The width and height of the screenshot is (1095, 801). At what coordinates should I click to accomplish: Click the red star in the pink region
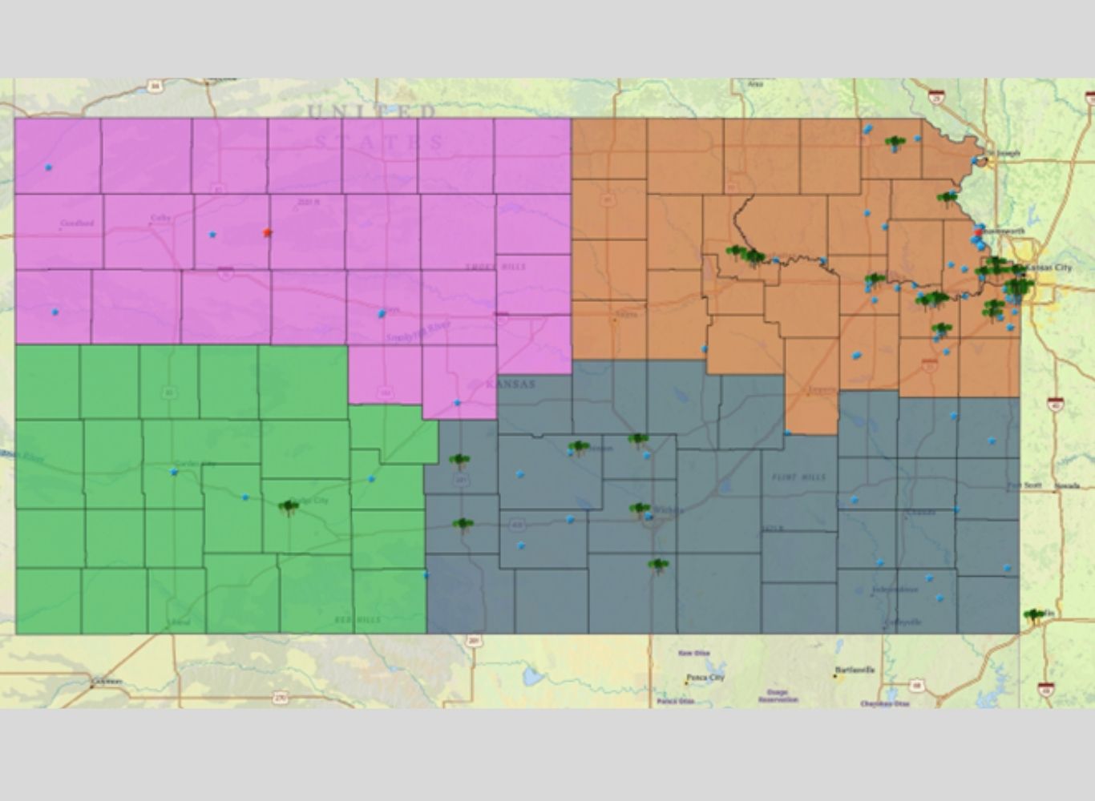click(x=268, y=232)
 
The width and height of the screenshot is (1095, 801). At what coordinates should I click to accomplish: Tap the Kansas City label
click(x=1047, y=267)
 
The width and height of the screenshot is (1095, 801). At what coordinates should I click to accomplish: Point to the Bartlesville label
click(x=855, y=669)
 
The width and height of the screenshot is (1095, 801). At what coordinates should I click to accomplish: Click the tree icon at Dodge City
click(x=289, y=506)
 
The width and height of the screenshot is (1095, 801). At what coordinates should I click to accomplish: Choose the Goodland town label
click(x=77, y=223)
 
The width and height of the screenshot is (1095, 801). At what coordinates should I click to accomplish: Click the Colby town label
click(x=161, y=217)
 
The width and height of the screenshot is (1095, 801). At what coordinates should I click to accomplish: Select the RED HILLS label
click(x=358, y=620)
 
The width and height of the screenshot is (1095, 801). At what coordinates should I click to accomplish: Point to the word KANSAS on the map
click(x=510, y=384)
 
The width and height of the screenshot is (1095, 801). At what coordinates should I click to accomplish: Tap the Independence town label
click(x=895, y=590)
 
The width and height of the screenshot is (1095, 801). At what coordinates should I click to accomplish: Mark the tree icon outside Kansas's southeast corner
click(x=1034, y=616)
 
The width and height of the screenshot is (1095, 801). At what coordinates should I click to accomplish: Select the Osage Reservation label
click(x=777, y=695)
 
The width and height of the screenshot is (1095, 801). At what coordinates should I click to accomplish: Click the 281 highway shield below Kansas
click(x=475, y=641)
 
